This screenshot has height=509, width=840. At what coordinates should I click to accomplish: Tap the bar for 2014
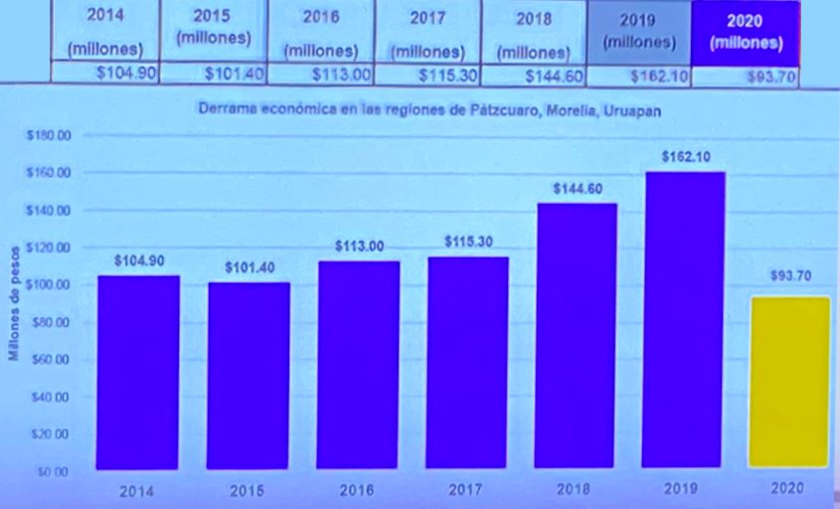point(138,372)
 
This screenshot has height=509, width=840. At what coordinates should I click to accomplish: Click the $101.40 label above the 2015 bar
point(249,267)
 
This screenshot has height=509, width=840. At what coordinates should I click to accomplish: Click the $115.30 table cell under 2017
point(432,75)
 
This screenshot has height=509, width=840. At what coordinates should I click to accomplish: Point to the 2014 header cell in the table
point(105,30)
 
